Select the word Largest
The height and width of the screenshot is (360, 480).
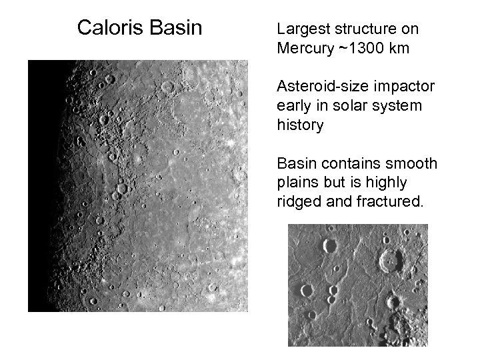pos(300,29)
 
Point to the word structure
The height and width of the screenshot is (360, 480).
pos(364,29)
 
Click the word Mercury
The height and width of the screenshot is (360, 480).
pos(301,49)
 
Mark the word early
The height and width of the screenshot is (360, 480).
pos(292,107)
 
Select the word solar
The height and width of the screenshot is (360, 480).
pos(338,107)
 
